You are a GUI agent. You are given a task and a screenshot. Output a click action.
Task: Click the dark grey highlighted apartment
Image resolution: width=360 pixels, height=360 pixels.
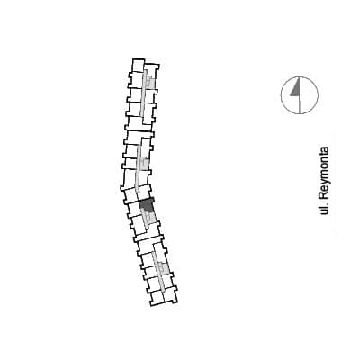pos(146,205)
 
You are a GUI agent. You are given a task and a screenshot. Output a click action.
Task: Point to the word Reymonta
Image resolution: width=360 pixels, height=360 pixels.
pos(324,173)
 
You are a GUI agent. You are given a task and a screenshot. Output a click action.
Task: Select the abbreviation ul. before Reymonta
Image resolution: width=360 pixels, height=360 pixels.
pos(324,209)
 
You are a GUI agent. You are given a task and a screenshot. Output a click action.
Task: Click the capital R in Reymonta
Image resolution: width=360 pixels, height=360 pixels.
pos(324,195)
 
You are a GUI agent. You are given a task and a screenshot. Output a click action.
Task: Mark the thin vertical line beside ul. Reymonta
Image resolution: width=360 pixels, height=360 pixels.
pos(337,184)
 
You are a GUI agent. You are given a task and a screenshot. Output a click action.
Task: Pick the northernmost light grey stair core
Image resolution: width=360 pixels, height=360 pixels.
pos(150,82)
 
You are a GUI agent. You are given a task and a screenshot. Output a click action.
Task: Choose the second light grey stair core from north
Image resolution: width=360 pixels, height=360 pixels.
pos(144,164)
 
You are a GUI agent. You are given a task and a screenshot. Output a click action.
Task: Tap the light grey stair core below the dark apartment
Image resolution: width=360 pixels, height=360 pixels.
pos(150,217)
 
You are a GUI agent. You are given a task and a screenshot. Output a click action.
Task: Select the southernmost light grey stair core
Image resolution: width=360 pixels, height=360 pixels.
pos(164,268)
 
